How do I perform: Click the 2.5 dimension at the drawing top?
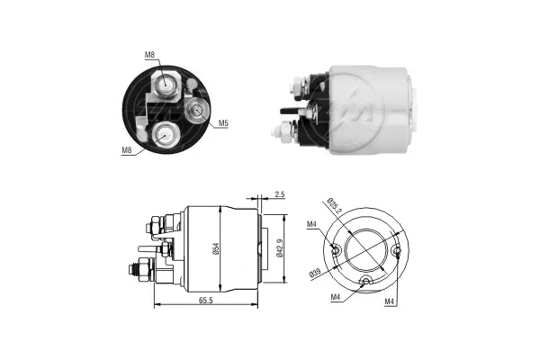coord(280,194)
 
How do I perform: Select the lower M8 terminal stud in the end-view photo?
coord(165,135)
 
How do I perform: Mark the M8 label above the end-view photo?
coord(149,56)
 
